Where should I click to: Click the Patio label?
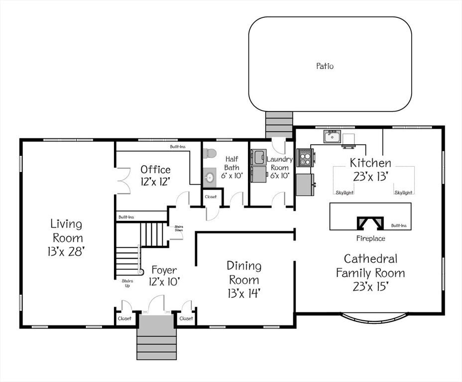tap(325, 66)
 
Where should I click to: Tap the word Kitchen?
tap(370, 163)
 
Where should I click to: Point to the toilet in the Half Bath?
tap(210, 154)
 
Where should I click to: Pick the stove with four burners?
tap(304, 158)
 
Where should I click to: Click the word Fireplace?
tap(370, 238)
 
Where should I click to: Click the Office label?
tap(155, 170)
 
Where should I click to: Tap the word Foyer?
tap(164, 270)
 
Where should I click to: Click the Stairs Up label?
tap(127, 284)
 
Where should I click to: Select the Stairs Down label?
tap(178, 229)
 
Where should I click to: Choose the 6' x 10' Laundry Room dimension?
tap(279, 176)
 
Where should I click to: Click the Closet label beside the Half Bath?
tap(211, 196)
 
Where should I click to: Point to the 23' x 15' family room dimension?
tap(370, 286)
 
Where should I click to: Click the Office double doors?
tap(123, 179)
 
